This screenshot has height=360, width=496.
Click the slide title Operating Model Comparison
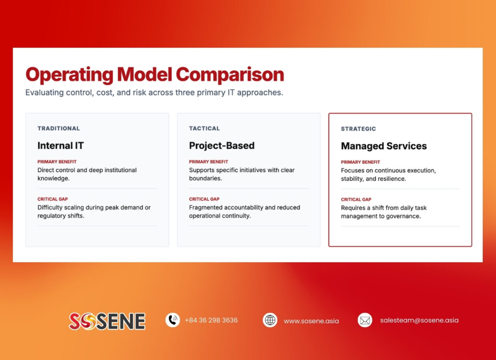pyautogui.click(x=155, y=75)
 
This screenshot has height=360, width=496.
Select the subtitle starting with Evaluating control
pyautogui.click(x=154, y=93)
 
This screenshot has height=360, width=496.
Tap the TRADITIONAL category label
pyautogui.click(x=59, y=128)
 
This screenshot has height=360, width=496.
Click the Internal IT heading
pyautogui.click(x=61, y=145)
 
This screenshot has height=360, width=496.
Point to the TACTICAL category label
pyautogui.click(x=204, y=128)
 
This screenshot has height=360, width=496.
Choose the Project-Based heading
pyautogui.click(x=221, y=145)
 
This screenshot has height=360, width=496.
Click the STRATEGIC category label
pyautogui.click(x=358, y=129)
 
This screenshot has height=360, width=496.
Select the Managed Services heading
pyautogui.click(x=384, y=146)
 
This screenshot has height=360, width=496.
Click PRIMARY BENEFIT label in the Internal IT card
pyautogui.click(x=57, y=162)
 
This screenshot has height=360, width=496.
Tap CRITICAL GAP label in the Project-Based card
pyautogui.click(x=204, y=199)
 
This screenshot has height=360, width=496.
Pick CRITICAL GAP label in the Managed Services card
pyautogui.click(x=356, y=200)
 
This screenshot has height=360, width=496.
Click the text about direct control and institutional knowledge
pyautogui.click(x=87, y=174)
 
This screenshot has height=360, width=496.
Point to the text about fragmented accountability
pyautogui.click(x=244, y=211)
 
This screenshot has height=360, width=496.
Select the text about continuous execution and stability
pyautogui.click(x=388, y=174)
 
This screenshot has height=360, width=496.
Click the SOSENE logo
pyautogui.click(x=107, y=321)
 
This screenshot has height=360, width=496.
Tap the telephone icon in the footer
pyautogui.click(x=172, y=320)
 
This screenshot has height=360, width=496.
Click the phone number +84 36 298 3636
pyautogui.click(x=211, y=320)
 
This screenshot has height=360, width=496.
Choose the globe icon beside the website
pyautogui.click(x=270, y=320)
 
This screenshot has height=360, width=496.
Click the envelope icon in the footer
pyautogui.click(x=365, y=320)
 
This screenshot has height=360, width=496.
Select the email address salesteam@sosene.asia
pyautogui.click(x=419, y=320)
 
